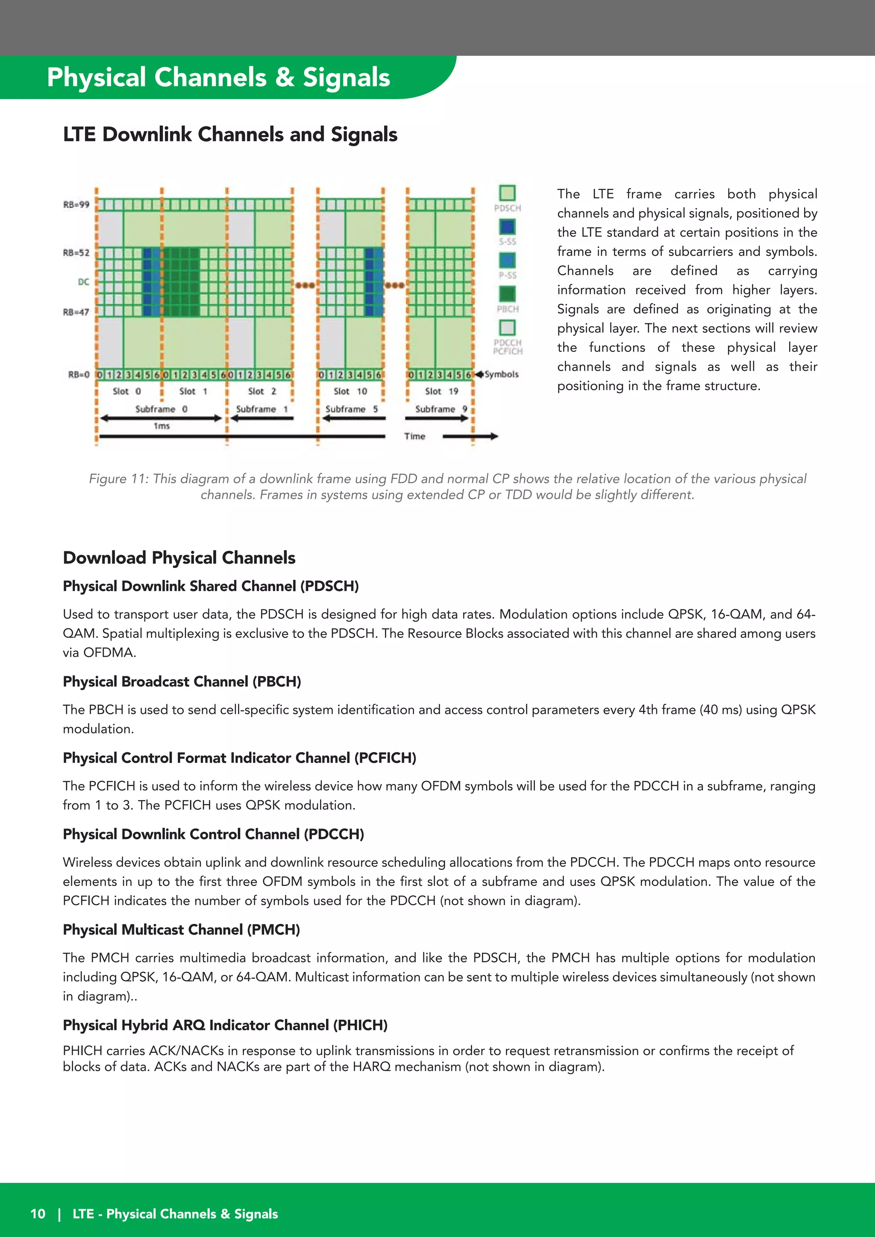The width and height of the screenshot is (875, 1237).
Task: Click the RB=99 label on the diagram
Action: (x=76, y=205)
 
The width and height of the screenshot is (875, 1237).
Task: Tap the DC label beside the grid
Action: (x=84, y=282)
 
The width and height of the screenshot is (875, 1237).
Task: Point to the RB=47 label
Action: (x=76, y=312)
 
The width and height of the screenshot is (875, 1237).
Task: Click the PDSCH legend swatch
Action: (x=507, y=193)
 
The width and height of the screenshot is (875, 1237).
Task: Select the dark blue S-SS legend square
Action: (x=507, y=226)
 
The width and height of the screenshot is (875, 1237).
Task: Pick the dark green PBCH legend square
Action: (x=507, y=294)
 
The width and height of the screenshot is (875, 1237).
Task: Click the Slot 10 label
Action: (x=350, y=391)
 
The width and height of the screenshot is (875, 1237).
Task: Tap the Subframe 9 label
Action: (x=441, y=409)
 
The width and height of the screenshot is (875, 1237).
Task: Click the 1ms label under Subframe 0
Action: (x=161, y=426)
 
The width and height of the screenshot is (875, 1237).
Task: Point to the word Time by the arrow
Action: (x=414, y=436)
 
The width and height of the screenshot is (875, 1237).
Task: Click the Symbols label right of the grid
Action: (x=502, y=374)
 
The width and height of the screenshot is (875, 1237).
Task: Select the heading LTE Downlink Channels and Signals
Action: (x=230, y=135)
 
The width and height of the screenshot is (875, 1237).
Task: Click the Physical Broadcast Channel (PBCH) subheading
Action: (x=182, y=681)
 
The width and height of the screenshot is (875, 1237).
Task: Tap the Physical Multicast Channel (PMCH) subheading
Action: (x=181, y=930)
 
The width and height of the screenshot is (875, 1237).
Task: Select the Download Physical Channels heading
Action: (x=179, y=558)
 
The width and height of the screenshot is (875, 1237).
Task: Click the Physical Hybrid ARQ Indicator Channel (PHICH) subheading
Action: (x=225, y=1025)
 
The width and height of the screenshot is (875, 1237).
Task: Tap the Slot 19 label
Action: (x=441, y=391)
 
